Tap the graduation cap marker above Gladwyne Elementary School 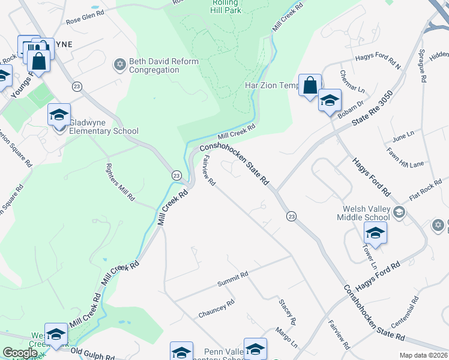coord(59,114)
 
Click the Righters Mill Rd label coord(121,182)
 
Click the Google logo coord(20,353)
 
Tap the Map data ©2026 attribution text coord(424,355)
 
